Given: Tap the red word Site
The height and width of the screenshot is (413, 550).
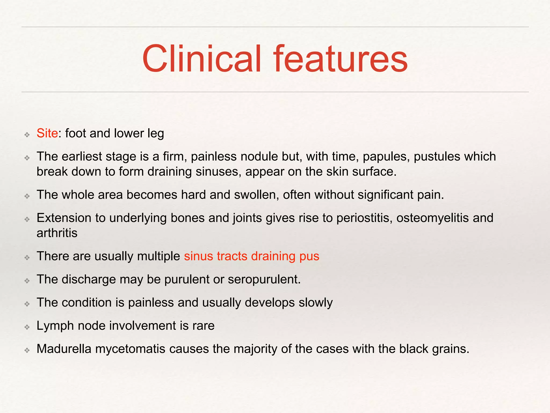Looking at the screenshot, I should tap(47, 133).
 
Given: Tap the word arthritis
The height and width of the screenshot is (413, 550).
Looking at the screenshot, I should tap(57, 233).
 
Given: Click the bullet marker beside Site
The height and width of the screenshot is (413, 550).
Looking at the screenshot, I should tap(27, 134).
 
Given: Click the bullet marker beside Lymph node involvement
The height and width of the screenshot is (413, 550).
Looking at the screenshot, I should tap(27, 327).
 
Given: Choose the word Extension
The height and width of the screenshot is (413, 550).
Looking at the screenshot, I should tap(64, 218).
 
